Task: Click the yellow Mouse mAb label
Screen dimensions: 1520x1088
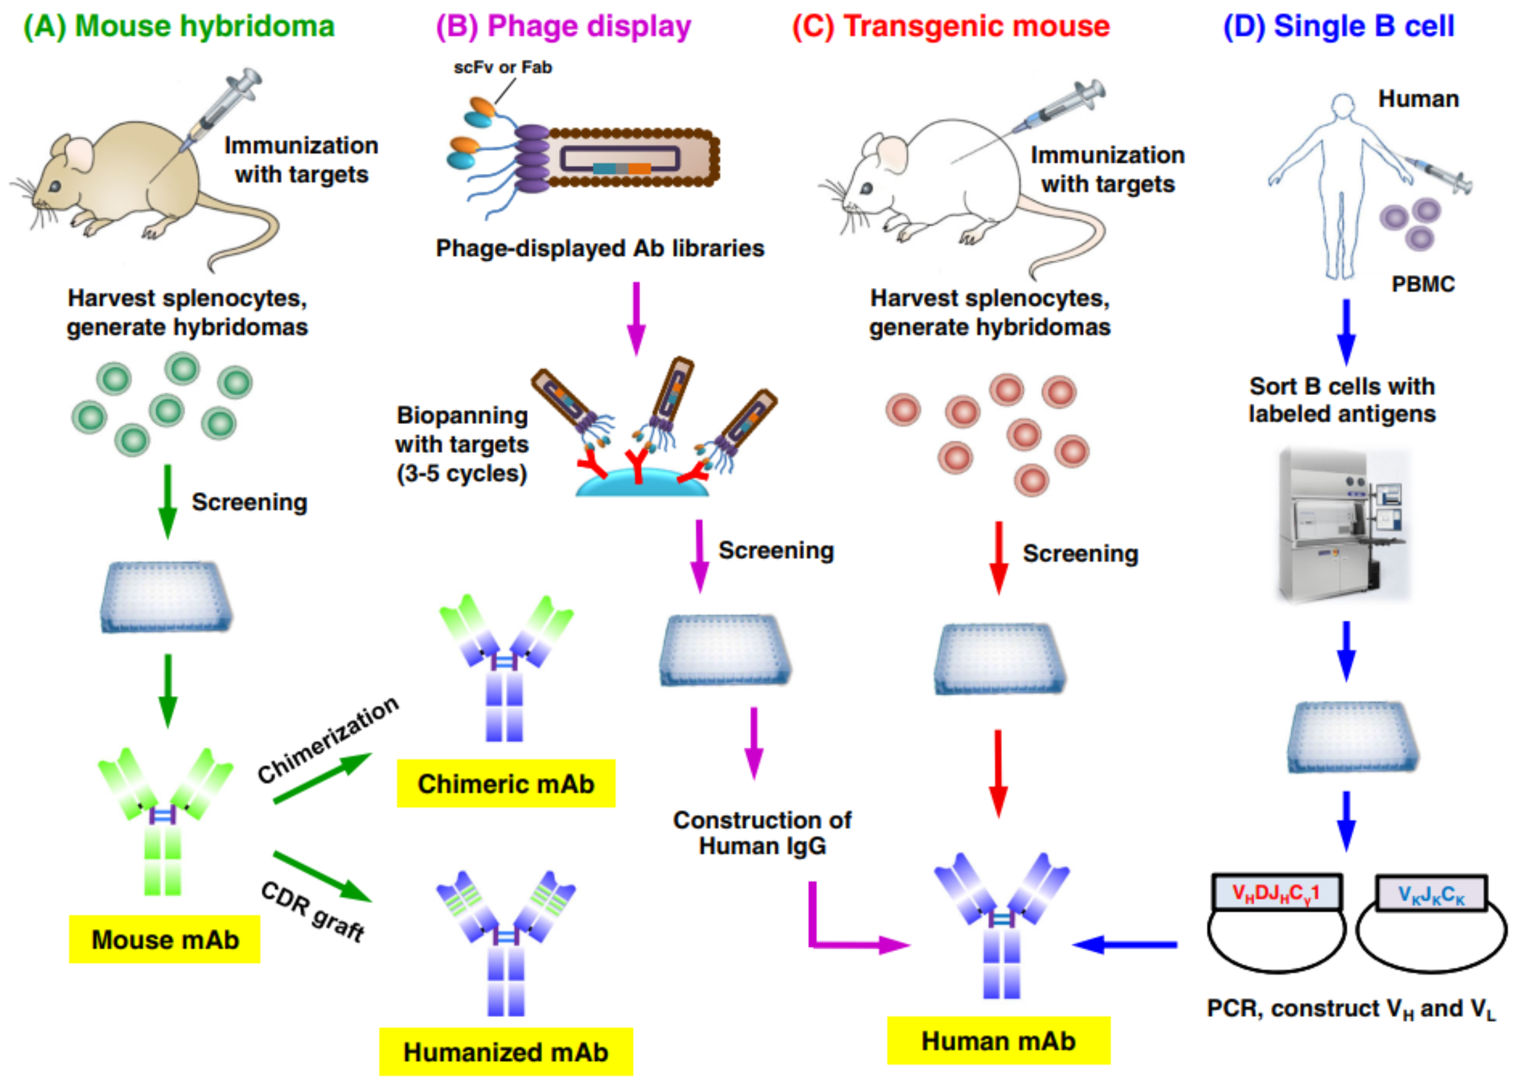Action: click(x=165, y=939)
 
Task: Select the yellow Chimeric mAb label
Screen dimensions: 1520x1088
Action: click(x=506, y=783)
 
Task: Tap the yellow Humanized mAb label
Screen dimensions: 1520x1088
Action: click(x=506, y=1052)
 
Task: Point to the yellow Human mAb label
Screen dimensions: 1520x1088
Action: click(x=999, y=1040)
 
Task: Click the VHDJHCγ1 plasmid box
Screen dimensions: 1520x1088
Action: click(x=1276, y=892)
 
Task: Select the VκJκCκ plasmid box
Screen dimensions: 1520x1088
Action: click(x=1432, y=894)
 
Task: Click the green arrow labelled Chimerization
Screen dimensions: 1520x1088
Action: click(x=323, y=778)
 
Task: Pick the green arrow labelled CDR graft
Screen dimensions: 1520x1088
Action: click(x=323, y=877)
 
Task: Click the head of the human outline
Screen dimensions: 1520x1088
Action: click(x=1342, y=106)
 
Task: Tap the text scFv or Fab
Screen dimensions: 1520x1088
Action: click(x=503, y=67)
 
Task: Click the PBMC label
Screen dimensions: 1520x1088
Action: click(x=1423, y=284)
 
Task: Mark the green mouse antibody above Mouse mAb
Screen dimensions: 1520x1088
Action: click(x=164, y=822)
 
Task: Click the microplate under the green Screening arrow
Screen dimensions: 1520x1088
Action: click(x=166, y=596)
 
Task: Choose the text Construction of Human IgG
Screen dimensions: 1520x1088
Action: click(x=762, y=833)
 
